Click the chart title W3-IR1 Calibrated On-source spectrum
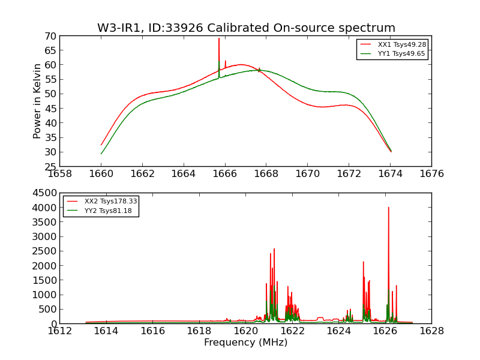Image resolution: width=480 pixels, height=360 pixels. pos(246,28)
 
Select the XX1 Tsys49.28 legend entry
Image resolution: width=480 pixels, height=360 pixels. pos(401,44)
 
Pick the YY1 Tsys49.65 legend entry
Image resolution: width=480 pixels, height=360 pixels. pos(401,53)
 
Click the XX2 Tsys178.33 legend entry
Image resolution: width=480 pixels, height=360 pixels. pos(110,202)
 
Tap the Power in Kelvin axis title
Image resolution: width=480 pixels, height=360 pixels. pos(37,101)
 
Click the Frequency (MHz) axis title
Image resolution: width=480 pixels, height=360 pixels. pos(245,343)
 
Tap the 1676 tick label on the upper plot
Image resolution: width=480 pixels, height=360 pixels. pos(431,174)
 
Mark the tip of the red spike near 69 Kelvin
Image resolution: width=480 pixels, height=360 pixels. pos(219,38)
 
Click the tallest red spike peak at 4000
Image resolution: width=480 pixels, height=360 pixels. pos(388,208)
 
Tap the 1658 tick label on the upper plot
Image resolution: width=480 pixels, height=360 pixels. pos(59,174)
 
